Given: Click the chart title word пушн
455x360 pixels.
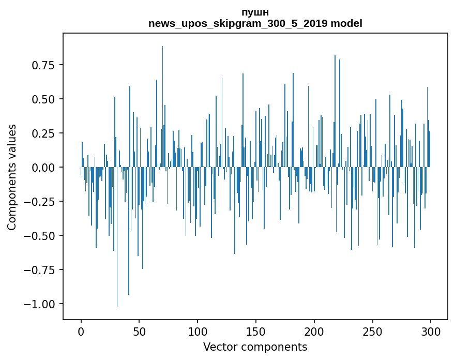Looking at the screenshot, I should [255, 12].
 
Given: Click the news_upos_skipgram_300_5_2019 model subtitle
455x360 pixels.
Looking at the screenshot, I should [255, 23].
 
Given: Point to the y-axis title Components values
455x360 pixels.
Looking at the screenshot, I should [12, 177].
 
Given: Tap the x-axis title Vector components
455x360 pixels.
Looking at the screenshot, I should [255, 347].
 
